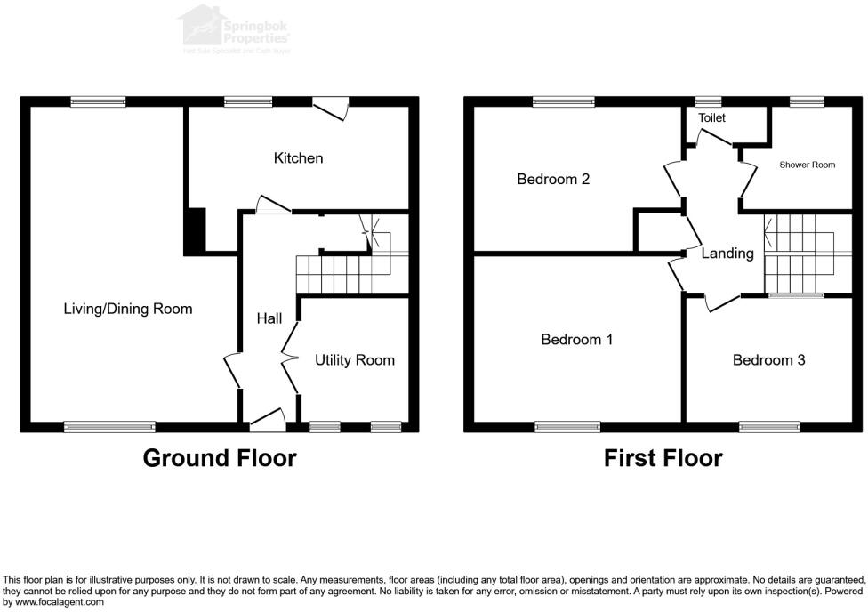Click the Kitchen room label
(x=298, y=158)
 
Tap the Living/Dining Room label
(x=128, y=309)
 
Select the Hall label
(x=269, y=318)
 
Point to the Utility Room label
(x=354, y=360)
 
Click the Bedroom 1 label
(x=577, y=339)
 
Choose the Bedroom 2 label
(x=553, y=179)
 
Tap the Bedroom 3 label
(x=768, y=360)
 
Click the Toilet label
(x=711, y=117)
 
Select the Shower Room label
(x=808, y=165)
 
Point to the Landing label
(x=727, y=254)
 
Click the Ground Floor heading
(x=220, y=458)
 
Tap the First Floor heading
(x=663, y=458)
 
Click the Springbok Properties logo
(x=236, y=28)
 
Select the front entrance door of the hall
(x=268, y=419)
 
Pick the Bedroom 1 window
(x=567, y=427)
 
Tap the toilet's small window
(x=708, y=102)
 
